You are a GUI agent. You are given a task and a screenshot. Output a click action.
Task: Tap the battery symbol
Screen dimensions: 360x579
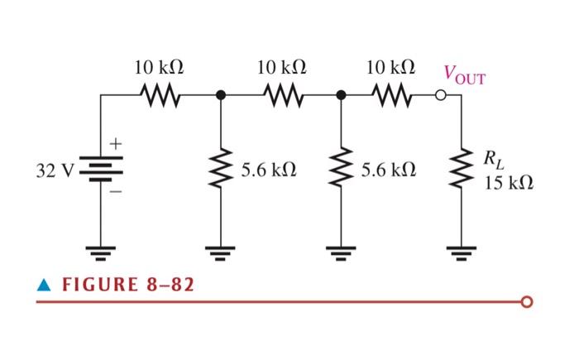click(x=102, y=171)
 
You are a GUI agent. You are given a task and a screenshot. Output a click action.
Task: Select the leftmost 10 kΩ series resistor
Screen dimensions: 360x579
click(x=159, y=96)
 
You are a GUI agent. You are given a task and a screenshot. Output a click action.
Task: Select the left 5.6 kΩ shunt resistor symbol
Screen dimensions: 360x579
click(x=221, y=171)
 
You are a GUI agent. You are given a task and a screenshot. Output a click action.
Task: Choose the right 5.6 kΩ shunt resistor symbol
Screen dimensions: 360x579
click(x=341, y=171)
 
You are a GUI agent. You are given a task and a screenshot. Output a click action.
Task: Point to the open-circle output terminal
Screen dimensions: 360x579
click(x=442, y=96)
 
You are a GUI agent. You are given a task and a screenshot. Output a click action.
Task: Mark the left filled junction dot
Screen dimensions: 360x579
click(x=221, y=96)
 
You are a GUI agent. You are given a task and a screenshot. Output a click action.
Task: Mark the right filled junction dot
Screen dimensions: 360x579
click(x=341, y=96)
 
